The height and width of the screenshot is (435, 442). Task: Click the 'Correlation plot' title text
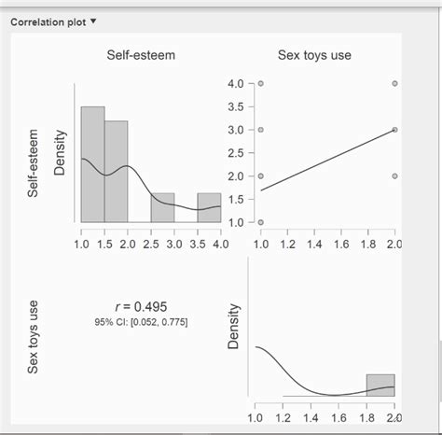pyautogui.click(x=49, y=21)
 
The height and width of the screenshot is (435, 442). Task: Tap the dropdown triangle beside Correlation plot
pyautogui.click(x=94, y=21)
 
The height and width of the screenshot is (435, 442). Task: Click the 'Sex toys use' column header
pyautogui.click(x=314, y=55)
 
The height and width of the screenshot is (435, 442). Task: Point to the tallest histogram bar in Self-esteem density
pyautogui.click(x=92, y=163)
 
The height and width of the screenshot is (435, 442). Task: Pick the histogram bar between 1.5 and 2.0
pyautogui.click(x=116, y=171)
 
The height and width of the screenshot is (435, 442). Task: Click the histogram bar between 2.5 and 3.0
pyautogui.click(x=162, y=207)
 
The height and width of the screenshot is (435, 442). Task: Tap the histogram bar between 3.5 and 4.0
pyautogui.click(x=209, y=207)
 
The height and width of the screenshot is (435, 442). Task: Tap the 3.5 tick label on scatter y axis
pyautogui.click(x=235, y=106)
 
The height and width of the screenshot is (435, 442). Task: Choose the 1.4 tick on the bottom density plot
pyautogui.click(x=311, y=417)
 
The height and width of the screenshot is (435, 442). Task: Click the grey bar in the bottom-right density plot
pyautogui.click(x=380, y=386)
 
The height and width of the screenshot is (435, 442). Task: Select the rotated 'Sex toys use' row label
pyautogui.click(x=34, y=337)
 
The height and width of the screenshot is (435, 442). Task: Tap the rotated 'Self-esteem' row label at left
pyautogui.click(x=34, y=163)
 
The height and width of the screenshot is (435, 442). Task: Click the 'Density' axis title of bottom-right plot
pyautogui.click(x=234, y=327)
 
